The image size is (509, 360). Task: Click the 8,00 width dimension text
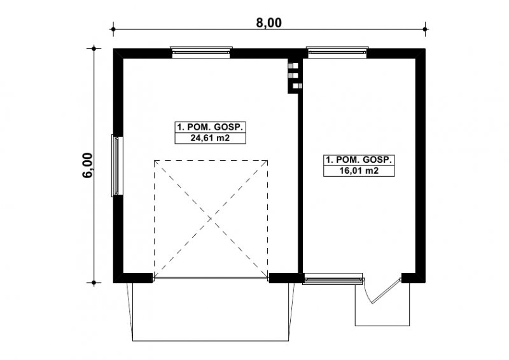coord(268,23)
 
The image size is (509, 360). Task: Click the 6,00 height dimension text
coord(88,165)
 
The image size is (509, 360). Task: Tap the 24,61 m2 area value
coord(210,138)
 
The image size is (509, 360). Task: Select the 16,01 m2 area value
coord(359,170)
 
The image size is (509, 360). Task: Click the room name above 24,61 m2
coord(210,127)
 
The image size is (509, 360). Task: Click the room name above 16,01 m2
coord(359,160)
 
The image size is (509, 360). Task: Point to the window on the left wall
coord(117,165)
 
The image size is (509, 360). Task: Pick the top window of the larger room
coord(201,52)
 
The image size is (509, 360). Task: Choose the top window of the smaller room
coord(337,52)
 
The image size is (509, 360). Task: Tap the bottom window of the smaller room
coord(332,279)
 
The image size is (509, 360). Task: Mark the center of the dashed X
coord(211,219)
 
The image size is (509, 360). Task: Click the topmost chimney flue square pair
coord(293,66)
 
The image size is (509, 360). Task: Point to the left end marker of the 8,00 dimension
coord(113,29)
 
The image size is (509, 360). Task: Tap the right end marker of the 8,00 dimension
coord(425,29)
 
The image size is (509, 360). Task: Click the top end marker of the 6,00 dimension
coord(94,49)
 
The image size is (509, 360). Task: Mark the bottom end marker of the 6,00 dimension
coord(94,283)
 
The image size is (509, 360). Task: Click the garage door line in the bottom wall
coord(211,278)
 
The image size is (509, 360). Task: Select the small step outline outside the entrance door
coord(382,325)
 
